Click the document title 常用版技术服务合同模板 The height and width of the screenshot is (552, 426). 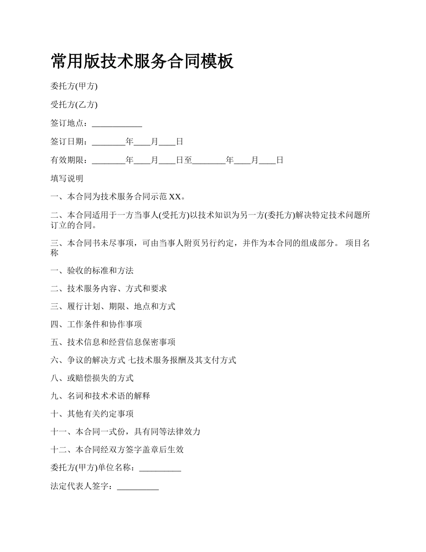(x=142, y=61)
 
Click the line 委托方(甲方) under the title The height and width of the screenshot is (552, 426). (x=74, y=86)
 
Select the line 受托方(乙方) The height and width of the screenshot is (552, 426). (x=74, y=105)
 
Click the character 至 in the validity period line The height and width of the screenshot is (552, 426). (x=188, y=160)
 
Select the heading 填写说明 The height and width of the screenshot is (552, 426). (x=67, y=179)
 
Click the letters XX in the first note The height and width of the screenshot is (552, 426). (x=174, y=197)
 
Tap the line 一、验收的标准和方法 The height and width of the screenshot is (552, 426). (x=92, y=271)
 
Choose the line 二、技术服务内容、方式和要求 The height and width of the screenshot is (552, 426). (x=109, y=289)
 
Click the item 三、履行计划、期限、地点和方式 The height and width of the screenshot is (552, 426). (x=113, y=307)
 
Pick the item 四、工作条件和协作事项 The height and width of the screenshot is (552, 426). (x=96, y=324)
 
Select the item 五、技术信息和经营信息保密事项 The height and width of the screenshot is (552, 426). (x=113, y=342)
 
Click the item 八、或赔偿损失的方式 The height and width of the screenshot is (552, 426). (x=92, y=378)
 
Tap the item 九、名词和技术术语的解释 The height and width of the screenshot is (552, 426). (x=100, y=396)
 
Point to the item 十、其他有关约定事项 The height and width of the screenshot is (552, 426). (x=92, y=414)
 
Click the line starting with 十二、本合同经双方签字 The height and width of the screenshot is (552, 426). (x=117, y=450)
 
